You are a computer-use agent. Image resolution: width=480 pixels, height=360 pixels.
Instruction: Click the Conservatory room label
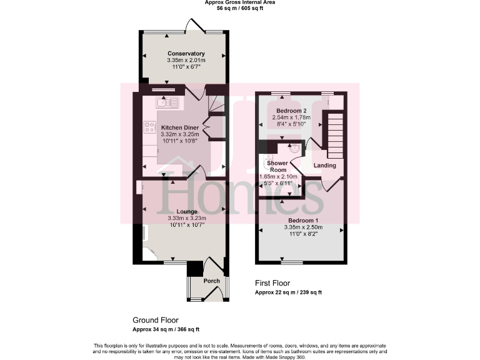(186, 54)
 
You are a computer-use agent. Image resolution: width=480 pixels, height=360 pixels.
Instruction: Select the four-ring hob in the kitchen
(150, 127)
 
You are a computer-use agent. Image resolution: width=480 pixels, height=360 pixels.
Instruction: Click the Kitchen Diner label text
(179, 127)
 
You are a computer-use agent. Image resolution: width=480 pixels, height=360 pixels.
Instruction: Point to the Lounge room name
(186, 211)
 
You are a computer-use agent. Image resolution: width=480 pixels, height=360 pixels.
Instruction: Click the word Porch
(212, 281)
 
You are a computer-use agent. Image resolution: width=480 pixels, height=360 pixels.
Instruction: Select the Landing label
(325, 166)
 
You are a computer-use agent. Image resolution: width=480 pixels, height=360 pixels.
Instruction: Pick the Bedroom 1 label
(303, 221)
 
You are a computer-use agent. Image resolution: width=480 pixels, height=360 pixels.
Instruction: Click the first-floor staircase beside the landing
(336, 135)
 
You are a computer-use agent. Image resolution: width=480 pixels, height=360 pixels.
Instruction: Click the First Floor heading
(272, 283)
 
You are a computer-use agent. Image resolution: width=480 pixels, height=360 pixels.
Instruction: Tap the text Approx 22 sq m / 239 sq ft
(288, 292)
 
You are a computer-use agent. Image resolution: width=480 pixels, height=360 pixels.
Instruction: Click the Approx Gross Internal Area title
(240, 2)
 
